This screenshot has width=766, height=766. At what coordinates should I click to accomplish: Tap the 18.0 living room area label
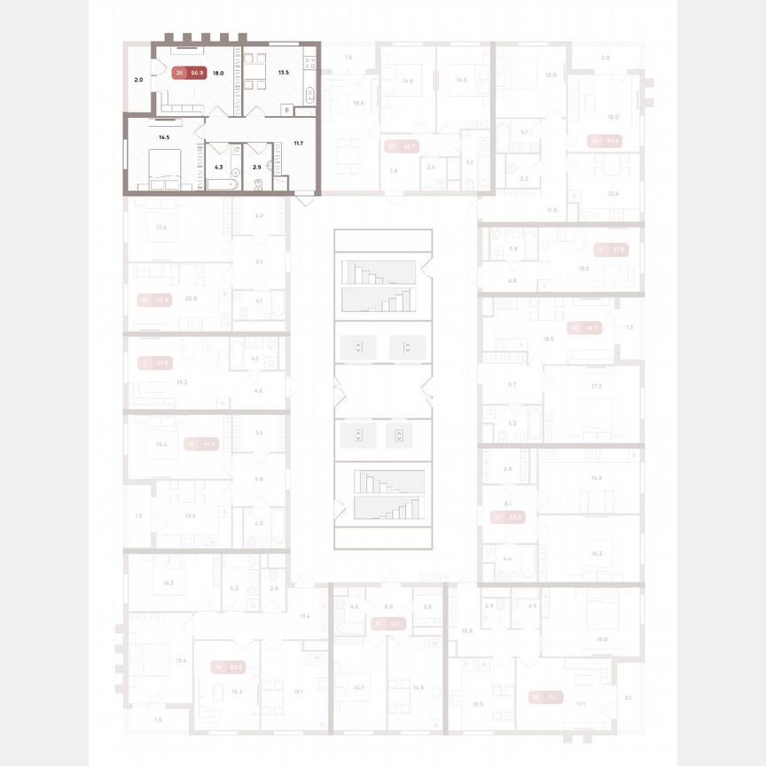click(x=217, y=74)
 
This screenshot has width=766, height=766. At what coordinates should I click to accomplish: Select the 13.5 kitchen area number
click(x=283, y=74)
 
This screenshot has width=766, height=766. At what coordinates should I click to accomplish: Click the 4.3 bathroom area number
click(x=219, y=167)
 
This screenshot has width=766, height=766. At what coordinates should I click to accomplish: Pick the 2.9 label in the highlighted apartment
click(x=256, y=167)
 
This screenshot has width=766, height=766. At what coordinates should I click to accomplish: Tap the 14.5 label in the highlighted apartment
click(x=164, y=137)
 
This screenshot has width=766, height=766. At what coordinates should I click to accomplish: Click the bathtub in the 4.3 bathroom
click(x=221, y=184)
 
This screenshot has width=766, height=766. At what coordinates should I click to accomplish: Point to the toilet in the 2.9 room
click(x=257, y=184)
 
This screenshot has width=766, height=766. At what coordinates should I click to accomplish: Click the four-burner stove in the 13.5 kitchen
click(x=309, y=62)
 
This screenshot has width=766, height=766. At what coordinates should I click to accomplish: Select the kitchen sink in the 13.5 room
click(x=309, y=94)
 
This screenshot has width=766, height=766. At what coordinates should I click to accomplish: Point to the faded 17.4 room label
click(x=161, y=228)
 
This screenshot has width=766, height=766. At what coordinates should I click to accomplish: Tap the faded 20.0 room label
click(x=191, y=299)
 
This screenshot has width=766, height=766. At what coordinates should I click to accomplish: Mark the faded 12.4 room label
click(x=613, y=193)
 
